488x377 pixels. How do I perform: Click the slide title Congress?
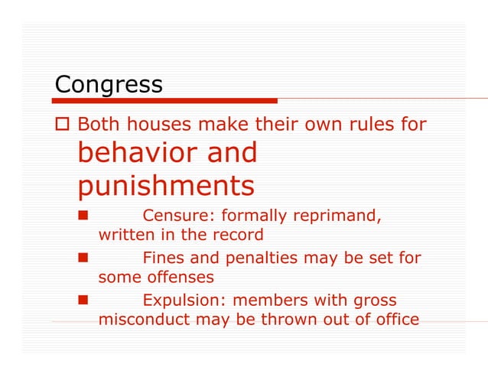[109, 84]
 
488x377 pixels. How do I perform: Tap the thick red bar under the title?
[165, 100]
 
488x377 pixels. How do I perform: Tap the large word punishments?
[166, 186]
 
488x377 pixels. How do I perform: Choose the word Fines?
[162, 258]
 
